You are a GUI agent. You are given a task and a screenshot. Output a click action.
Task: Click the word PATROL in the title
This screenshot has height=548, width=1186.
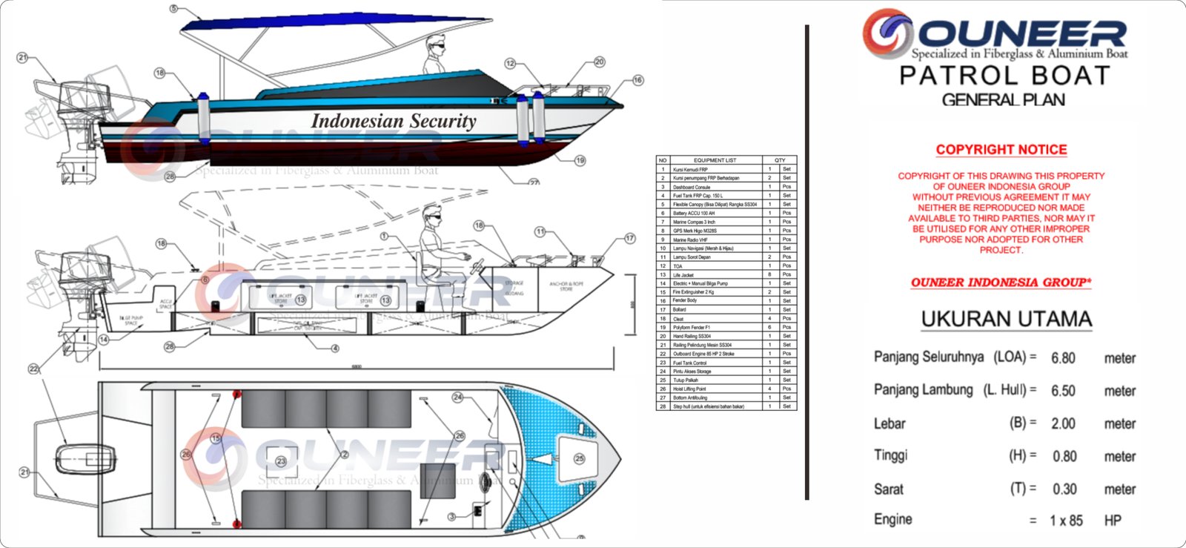(x=944, y=76)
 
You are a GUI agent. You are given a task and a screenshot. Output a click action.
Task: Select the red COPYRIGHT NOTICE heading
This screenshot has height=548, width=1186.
(x=1001, y=149)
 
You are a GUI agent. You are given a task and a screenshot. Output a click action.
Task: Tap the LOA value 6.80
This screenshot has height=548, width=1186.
(x=1063, y=358)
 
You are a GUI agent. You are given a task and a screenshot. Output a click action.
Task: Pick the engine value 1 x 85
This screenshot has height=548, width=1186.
(x=1066, y=521)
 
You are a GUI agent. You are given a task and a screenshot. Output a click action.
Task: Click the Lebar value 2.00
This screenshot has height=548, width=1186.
(x=1063, y=423)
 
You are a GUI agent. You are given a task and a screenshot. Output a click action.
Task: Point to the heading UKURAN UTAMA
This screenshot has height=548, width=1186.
(x=1006, y=320)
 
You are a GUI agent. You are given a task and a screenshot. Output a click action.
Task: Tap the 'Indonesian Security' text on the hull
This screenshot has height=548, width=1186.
(x=394, y=120)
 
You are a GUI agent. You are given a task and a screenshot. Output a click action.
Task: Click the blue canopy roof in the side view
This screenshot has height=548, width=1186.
(x=334, y=25)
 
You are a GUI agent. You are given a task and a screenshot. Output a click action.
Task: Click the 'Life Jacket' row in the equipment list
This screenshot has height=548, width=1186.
(x=683, y=274)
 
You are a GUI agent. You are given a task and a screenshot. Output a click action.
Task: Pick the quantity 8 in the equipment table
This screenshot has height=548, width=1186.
(x=769, y=274)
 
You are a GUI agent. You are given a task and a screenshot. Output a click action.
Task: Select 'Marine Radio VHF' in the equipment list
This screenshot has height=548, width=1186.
(x=690, y=240)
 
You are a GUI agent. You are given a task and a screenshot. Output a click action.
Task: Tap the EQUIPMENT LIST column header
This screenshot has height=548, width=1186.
(x=715, y=160)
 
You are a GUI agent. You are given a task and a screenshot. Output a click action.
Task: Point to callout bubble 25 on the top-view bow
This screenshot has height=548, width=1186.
(x=579, y=458)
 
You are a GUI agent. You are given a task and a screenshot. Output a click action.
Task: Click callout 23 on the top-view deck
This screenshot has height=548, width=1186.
(x=281, y=461)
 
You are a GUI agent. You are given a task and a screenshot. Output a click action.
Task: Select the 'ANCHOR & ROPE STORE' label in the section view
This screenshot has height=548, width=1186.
(x=566, y=286)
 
